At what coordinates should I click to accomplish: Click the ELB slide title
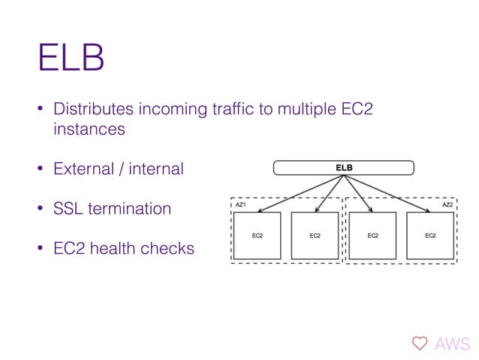tap(71, 59)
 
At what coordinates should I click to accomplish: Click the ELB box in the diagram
tap(343, 167)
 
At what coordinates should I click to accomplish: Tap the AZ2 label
tap(447, 204)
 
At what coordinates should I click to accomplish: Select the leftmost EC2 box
tap(257, 235)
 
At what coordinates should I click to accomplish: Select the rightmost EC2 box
tap(430, 235)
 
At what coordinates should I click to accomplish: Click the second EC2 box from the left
tap(315, 235)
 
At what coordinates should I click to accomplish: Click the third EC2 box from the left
tap(372, 235)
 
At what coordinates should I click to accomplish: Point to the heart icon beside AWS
tap(419, 344)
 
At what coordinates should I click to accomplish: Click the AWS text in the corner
tap(453, 344)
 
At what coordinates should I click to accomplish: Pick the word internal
tap(156, 168)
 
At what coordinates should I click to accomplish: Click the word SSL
tap(68, 208)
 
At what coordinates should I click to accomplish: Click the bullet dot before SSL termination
tap(42, 209)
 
